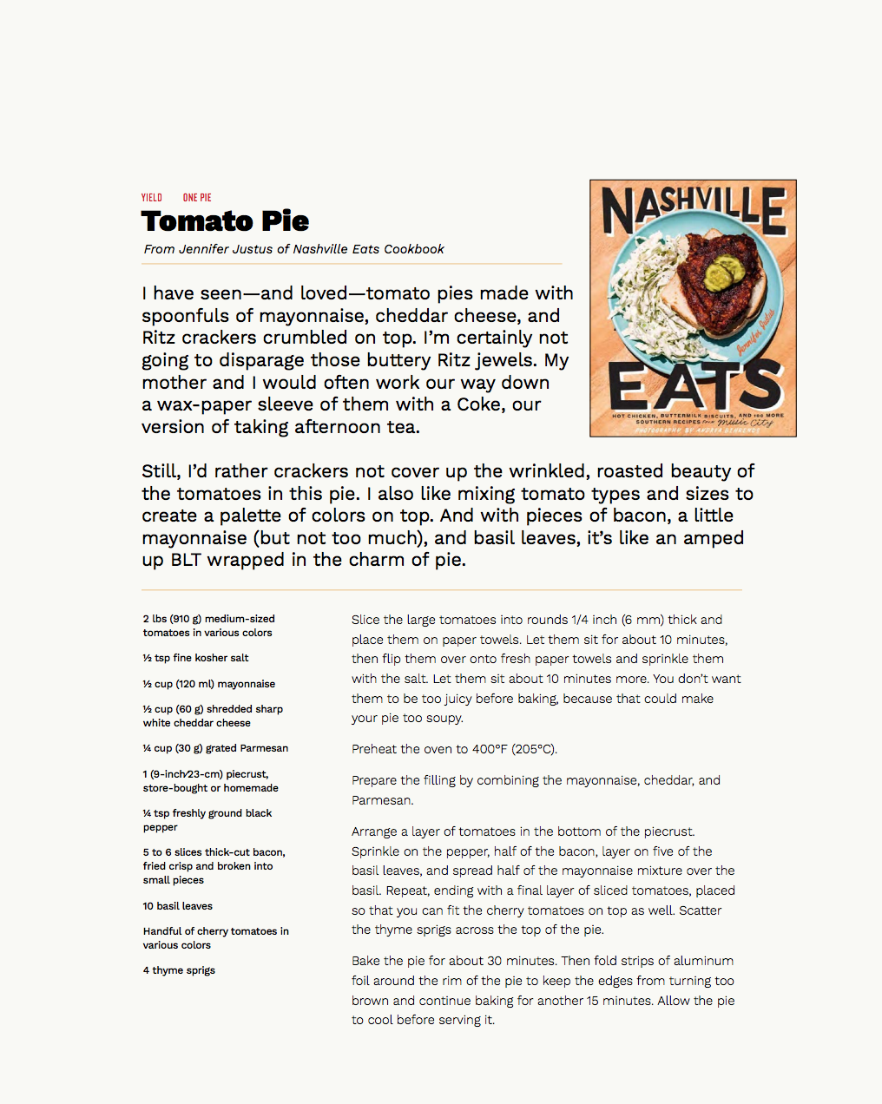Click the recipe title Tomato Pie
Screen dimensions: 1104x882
pyautogui.click(x=225, y=221)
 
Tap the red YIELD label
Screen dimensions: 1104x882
pyautogui.click(x=152, y=198)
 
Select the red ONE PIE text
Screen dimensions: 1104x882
pyautogui.click(x=197, y=198)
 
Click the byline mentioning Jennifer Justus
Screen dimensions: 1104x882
pyautogui.click(x=293, y=249)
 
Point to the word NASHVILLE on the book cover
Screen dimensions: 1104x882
pyautogui.click(x=693, y=213)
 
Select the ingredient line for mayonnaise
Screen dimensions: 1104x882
pyautogui.click(x=208, y=684)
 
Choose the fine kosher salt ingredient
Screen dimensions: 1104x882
pyautogui.click(x=195, y=658)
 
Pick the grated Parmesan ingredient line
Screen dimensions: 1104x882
pyautogui.click(x=215, y=748)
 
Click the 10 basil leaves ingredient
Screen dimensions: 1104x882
pyautogui.click(x=177, y=906)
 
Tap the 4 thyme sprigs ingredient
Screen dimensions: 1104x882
pyautogui.click(x=179, y=970)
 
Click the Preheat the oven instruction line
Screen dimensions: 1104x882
pyautogui.click(x=454, y=749)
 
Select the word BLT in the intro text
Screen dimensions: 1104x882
pyautogui.click(x=185, y=560)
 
